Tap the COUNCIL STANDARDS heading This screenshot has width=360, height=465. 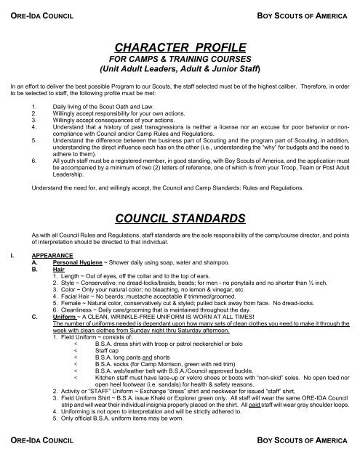[180, 217]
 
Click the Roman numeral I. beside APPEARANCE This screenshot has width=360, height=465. [6, 256]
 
